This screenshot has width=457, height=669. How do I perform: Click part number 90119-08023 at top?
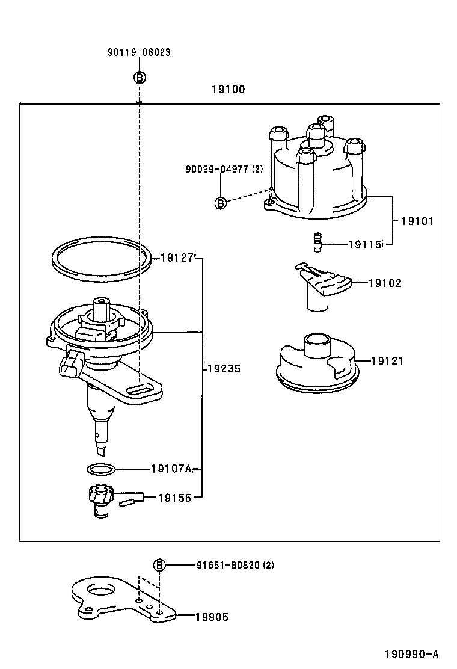click(x=139, y=52)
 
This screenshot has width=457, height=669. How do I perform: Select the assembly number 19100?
click(x=228, y=90)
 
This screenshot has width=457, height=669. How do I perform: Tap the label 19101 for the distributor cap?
click(x=417, y=221)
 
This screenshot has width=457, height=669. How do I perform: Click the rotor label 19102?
click(x=385, y=283)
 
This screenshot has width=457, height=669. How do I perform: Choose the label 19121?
click(x=387, y=361)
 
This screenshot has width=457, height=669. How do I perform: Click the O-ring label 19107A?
click(x=171, y=469)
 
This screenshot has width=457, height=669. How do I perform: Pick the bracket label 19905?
click(x=211, y=617)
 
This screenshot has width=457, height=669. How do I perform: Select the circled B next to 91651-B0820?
click(x=159, y=565)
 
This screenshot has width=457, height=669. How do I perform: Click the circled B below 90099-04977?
click(x=221, y=203)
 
